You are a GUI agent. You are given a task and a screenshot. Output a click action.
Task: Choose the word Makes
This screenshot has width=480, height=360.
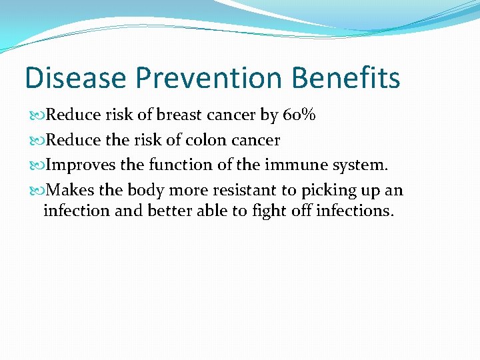pos(71,190)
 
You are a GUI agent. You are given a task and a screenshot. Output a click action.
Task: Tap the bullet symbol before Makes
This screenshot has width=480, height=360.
pos(36,190)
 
